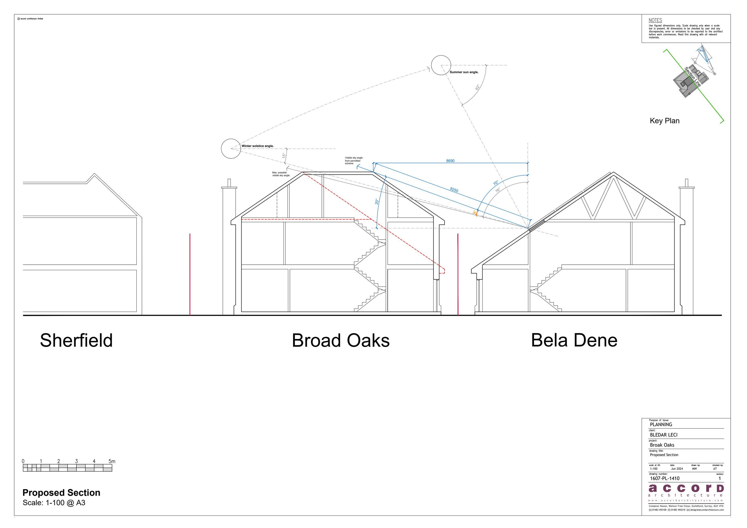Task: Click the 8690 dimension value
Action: click(450, 161)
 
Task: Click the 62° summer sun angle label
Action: click(477, 87)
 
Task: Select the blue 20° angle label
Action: click(377, 201)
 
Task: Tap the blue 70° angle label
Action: click(496, 183)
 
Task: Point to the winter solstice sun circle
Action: click(231, 149)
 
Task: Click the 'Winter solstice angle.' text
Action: click(257, 146)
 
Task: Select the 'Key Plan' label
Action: click(664, 121)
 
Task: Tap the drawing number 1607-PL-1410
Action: click(664, 478)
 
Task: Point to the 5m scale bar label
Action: click(112, 461)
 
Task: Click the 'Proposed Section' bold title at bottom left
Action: click(61, 493)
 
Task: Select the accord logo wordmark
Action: click(686, 488)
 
